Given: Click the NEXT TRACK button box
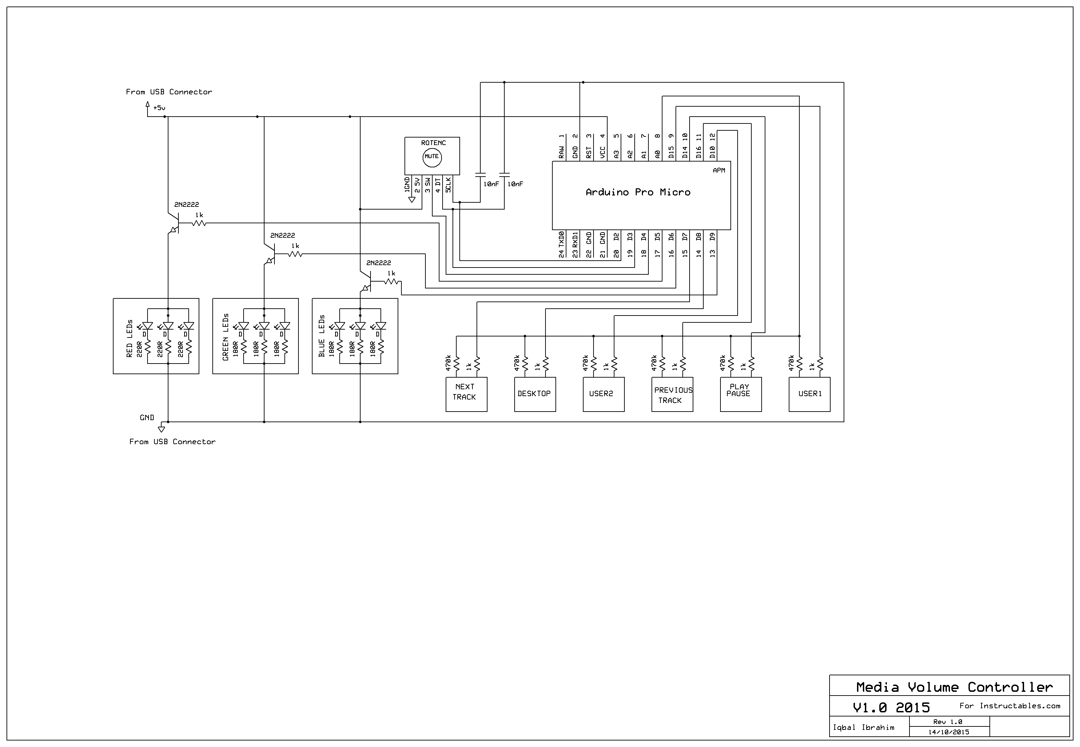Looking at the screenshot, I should [x=466, y=394].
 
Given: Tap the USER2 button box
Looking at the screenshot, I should [x=603, y=394].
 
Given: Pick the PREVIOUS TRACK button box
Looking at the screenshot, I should [x=672, y=394].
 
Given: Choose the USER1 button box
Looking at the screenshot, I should [x=809, y=394].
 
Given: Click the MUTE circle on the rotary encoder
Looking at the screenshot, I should [x=432, y=157].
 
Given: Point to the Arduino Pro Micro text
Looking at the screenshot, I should [x=638, y=192].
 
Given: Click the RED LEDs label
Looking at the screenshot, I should [x=130, y=339].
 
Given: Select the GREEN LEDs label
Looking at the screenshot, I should [x=226, y=337].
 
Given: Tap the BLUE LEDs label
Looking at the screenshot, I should [x=321, y=336].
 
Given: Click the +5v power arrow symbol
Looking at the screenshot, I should [x=148, y=106].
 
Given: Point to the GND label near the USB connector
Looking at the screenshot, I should [x=147, y=417].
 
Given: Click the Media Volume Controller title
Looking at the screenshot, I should [x=954, y=687].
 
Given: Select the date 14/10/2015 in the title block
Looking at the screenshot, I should [x=949, y=732].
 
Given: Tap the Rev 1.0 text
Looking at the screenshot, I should [x=948, y=722].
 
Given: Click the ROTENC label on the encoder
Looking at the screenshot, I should [x=433, y=143].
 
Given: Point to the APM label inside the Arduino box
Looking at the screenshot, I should [x=719, y=170].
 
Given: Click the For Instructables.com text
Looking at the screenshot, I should [x=1009, y=706].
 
